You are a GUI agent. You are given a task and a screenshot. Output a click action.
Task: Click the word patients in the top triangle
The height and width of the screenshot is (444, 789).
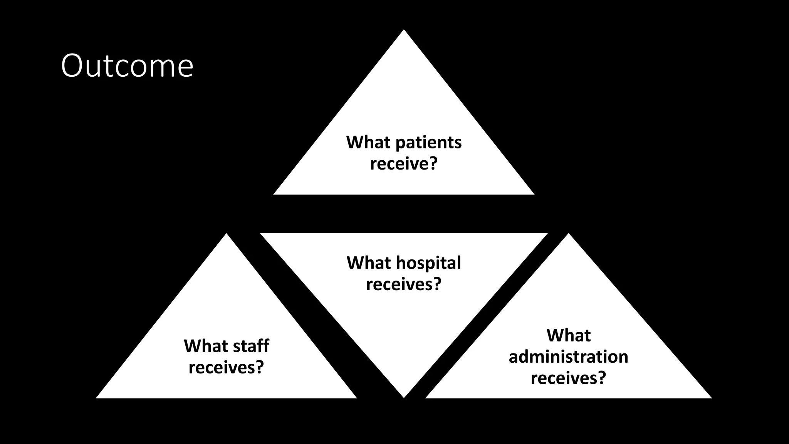[428, 143]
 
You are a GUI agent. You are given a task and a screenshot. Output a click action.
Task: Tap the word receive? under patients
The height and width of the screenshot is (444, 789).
[404, 164]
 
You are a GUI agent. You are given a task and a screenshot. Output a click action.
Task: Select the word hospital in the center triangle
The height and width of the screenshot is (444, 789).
[428, 263]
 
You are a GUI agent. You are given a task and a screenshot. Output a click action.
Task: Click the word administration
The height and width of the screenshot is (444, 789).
[568, 357]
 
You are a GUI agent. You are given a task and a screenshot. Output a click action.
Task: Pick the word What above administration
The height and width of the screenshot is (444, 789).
[568, 335]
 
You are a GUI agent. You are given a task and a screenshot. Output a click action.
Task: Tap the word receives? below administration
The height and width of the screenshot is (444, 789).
[568, 378]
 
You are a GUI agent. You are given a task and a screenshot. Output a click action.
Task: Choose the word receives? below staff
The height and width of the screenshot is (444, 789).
[226, 367]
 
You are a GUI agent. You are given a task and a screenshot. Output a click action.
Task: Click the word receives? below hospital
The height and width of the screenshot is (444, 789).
[403, 285]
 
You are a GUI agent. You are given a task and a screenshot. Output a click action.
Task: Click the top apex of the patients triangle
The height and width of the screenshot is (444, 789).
[404, 31]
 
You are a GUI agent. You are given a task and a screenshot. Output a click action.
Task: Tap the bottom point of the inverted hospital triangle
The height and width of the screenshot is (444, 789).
[404, 397]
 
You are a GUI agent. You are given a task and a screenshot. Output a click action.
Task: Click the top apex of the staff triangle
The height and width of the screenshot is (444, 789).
[227, 235]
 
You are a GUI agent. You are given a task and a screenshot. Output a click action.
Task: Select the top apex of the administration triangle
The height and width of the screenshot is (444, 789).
[568, 235]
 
